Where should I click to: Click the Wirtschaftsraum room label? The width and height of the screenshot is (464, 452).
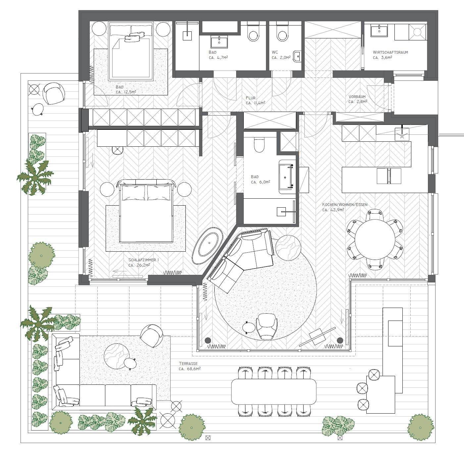(390, 52)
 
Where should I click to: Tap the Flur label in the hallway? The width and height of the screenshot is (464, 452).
(250, 98)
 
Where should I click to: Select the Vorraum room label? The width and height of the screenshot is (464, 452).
(357, 97)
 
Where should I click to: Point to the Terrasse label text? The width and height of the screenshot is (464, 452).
(188, 364)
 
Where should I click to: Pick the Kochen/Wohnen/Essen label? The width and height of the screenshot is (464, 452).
(345, 205)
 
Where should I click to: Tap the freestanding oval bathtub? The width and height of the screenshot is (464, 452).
(208, 246)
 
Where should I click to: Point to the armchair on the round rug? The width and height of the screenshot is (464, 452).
(267, 326)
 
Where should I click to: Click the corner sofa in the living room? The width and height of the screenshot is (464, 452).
(241, 259)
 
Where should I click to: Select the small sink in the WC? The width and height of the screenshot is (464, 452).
(297, 57)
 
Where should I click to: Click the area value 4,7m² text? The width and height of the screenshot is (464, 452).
(218, 58)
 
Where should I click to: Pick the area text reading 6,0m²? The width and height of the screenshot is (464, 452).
(261, 182)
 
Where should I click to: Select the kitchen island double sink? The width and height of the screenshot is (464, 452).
(389, 176)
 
